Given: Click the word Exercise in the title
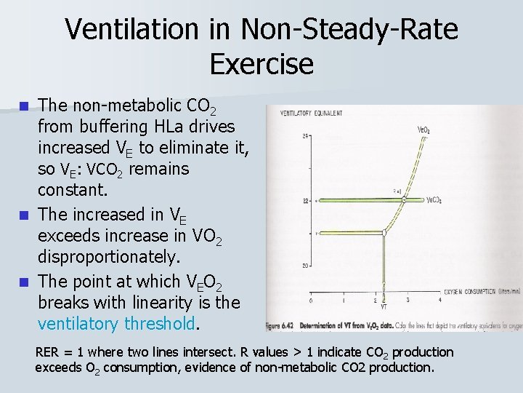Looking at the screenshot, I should click(x=261, y=64).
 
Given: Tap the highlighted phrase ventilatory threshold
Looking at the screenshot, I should click(x=116, y=323).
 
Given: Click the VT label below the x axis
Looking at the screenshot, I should click(x=384, y=307).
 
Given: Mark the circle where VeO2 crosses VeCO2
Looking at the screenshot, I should click(x=405, y=199).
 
